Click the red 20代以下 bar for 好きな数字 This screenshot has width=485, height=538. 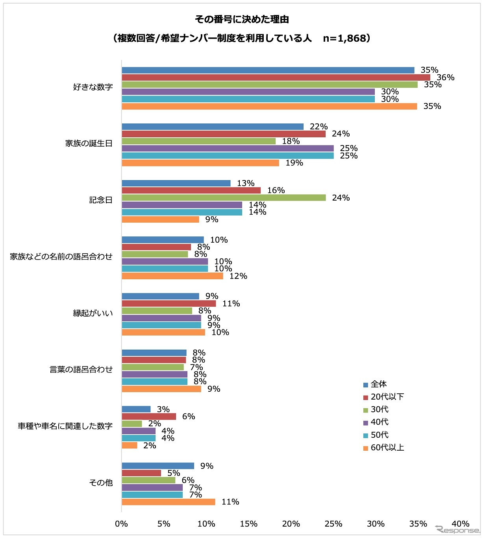(276, 77)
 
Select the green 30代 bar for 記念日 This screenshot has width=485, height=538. (224, 198)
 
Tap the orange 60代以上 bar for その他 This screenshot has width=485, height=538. (168, 502)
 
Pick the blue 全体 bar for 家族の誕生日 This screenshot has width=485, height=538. (213, 127)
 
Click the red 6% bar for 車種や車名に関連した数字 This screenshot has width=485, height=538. (149, 416)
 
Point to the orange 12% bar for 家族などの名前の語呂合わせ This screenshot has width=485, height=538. (172, 276)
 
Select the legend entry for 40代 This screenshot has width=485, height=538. (376, 422)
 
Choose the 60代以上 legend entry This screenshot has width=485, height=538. (384, 448)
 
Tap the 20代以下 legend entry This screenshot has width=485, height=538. (384, 397)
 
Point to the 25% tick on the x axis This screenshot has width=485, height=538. (333, 524)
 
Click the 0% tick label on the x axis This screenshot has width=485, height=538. (122, 524)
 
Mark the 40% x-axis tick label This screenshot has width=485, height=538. (460, 524)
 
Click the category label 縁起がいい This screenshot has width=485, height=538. (93, 313)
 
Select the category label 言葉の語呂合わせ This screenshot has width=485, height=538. (81, 370)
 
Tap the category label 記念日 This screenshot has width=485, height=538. (101, 200)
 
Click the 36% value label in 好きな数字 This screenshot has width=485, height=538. (446, 77)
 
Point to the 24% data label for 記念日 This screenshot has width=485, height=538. (341, 198)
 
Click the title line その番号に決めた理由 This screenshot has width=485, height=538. (242, 19)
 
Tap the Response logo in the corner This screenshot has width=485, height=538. (457, 529)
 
